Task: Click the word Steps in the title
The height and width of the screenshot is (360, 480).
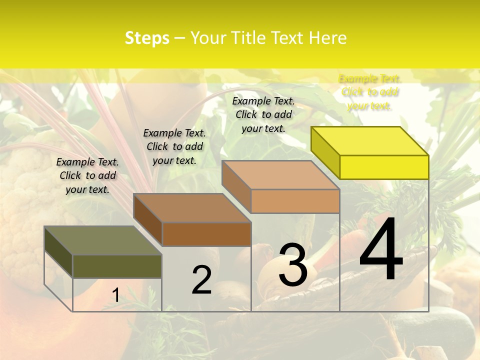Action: pos(147,38)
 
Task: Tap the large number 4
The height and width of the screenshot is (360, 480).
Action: pos(381,249)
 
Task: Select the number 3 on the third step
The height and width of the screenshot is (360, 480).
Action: pos(293,265)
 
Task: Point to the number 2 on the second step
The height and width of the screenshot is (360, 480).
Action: pos(201,280)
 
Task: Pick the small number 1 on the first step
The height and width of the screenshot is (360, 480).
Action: pos(115,295)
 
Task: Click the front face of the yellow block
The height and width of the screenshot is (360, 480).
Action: pos(384,167)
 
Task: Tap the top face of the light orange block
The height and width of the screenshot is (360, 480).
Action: pos(280,174)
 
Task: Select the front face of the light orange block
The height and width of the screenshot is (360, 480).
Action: pos(295,201)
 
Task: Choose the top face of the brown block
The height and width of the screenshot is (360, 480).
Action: pos(192,207)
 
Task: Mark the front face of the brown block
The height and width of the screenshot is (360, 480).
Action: pos(206,234)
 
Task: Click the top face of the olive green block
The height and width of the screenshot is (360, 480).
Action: pos(103,240)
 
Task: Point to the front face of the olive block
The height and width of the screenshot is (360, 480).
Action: pos(117,266)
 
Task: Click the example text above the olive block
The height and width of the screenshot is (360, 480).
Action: pos(87,175)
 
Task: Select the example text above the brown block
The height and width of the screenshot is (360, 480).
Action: pos(174,146)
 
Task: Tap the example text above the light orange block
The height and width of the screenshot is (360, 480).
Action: pos(263,114)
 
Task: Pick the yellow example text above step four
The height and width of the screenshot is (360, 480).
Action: pos(369,92)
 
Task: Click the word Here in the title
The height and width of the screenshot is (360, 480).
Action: pos(328,38)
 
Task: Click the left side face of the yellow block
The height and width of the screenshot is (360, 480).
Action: pos(325,152)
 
